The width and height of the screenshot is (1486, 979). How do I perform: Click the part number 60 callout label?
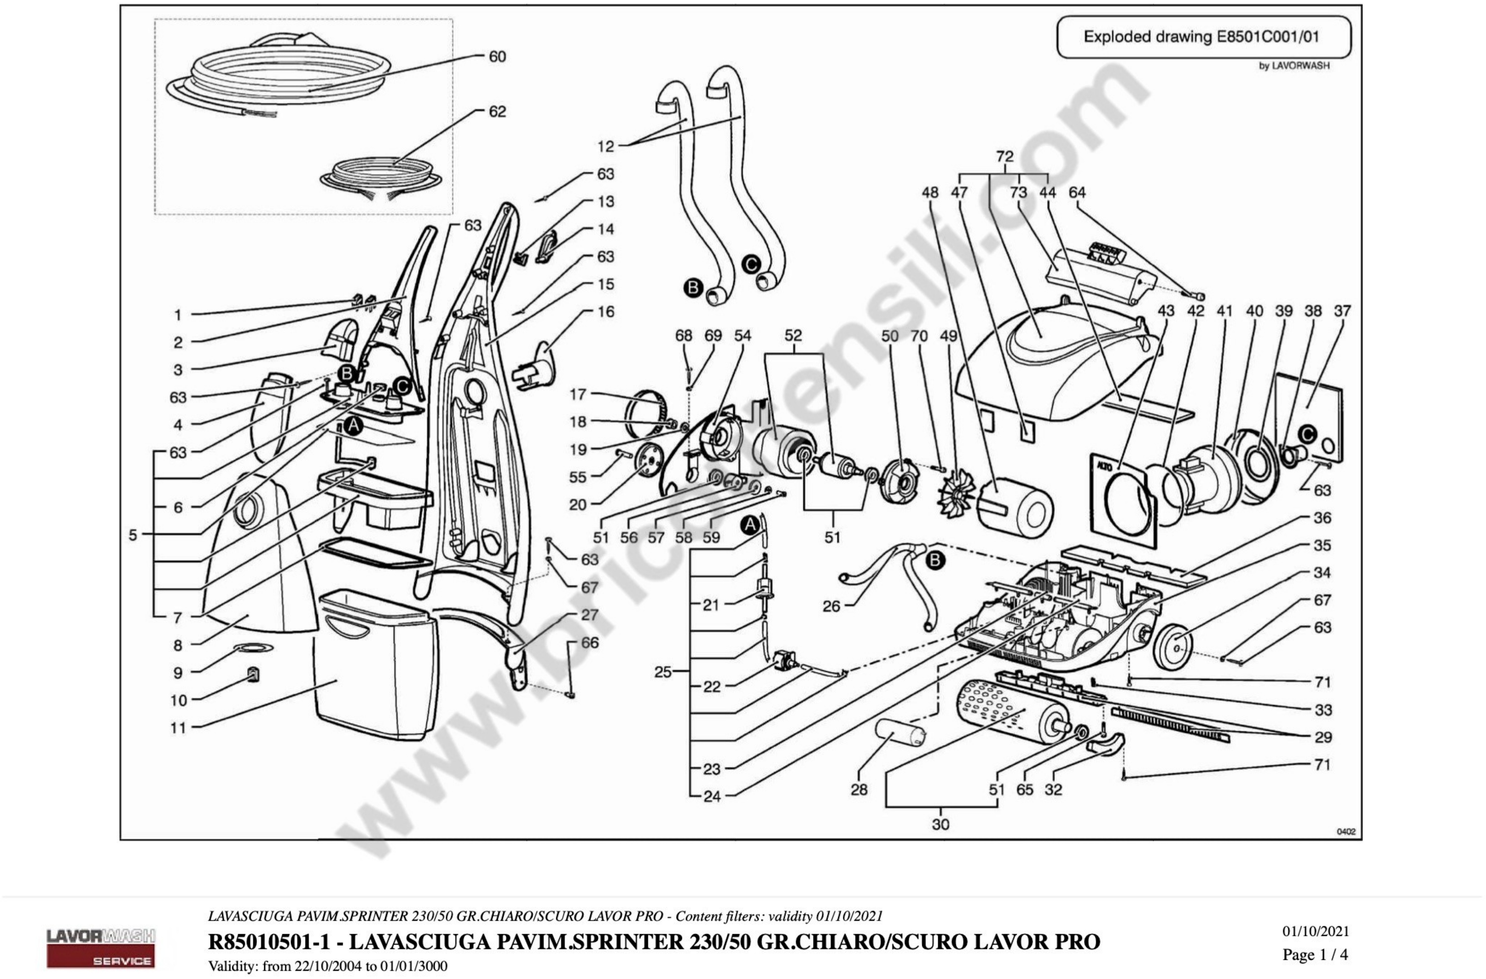tap(497, 57)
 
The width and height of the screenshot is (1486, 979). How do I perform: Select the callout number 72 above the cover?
tap(1005, 156)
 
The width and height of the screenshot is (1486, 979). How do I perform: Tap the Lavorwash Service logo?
tap(100, 947)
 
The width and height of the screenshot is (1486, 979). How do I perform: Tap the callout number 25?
tap(663, 672)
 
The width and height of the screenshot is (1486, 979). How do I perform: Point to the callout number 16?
tap(606, 311)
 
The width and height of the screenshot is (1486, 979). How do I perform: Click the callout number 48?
tap(930, 193)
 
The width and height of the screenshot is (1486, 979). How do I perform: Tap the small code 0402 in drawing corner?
tap(1346, 832)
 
